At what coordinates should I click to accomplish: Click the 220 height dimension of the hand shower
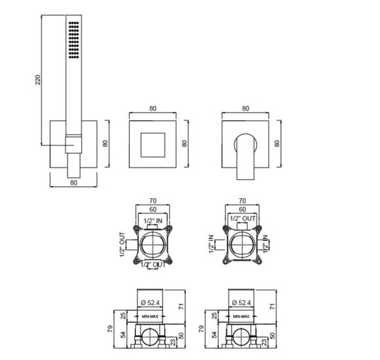pos(38,80)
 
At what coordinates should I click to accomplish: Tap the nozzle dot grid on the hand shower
pos(73,40)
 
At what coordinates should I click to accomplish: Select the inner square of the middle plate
pos(153,145)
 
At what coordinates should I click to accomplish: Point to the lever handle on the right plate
pos(245,156)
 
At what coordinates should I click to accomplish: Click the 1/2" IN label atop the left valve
pos(153,221)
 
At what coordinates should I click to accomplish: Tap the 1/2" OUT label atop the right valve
pos(242,219)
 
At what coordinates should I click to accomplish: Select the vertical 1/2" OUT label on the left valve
pos(123,245)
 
